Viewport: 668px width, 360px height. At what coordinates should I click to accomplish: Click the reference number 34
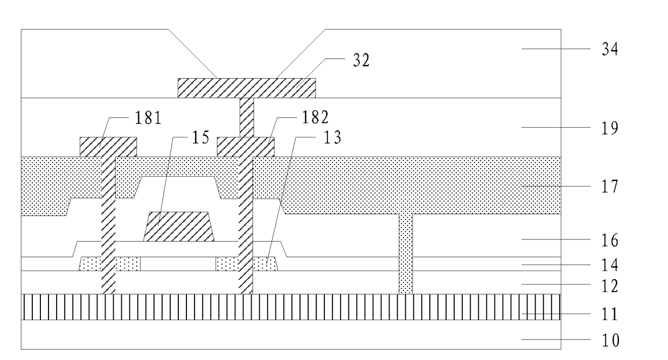click(x=610, y=50)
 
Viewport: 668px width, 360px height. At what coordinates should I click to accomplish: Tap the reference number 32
click(x=361, y=60)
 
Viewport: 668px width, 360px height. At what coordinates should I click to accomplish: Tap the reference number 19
click(x=610, y=128)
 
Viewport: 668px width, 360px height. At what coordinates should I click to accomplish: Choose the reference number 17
click(x=610, y=187)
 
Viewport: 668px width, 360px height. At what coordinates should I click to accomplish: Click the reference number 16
click(x=610, y=240)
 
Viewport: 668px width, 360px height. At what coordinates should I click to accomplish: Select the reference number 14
click(x=610, y=265)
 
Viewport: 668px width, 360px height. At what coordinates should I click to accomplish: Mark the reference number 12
click(x=610, y=286)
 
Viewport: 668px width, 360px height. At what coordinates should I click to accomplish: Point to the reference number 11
click(x=610, y=314)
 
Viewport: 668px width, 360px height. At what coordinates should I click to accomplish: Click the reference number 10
click(x=610, y=341)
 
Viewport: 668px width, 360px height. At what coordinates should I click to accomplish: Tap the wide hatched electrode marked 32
click(x=247, y=88)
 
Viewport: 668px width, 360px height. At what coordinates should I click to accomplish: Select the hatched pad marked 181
click(x=108, y=147)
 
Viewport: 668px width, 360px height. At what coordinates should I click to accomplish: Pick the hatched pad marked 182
click(x=245, y=147)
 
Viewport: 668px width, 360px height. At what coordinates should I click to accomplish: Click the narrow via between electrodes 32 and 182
click(x=247, y=117)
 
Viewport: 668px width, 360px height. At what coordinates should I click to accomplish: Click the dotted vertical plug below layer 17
click(x=406, y=253)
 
